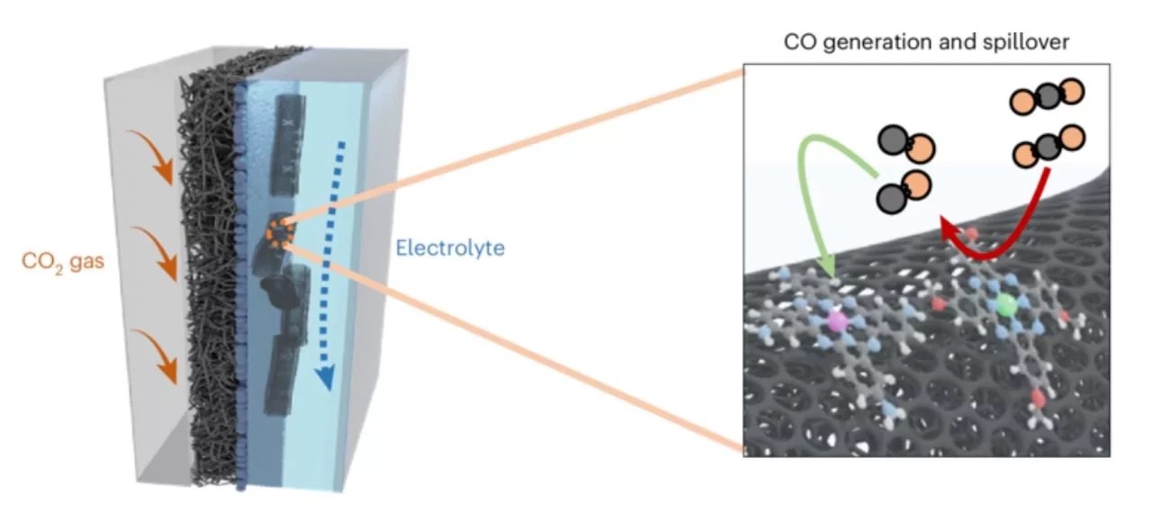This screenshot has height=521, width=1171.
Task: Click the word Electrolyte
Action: (450, 247)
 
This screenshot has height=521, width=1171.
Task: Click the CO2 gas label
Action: (63, 261)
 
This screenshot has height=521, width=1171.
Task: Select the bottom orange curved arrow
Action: (156, 355)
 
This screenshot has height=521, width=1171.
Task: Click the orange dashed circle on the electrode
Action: (280, 232)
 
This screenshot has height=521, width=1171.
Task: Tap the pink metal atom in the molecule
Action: (837, 321)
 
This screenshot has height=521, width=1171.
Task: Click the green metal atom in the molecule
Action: (1005, 305)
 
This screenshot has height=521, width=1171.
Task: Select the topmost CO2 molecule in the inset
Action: (1047, 95)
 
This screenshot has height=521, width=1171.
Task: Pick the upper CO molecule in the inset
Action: (906, 143)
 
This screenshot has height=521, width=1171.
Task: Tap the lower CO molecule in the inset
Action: (904, 192)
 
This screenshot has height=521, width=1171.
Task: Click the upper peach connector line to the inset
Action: (515, 147)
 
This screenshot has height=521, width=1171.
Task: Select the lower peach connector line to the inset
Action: (515, 347)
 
